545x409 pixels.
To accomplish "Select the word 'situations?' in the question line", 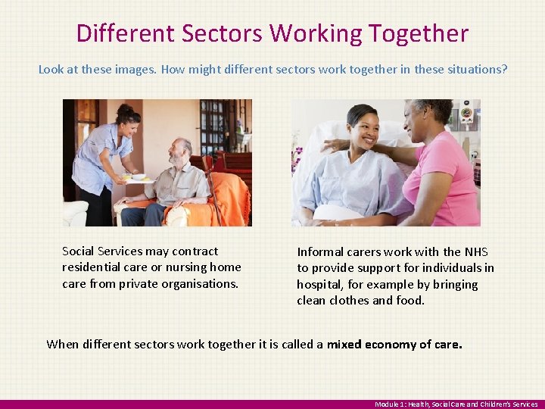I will pos(477,69).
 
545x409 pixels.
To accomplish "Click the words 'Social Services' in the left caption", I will pos(102,251).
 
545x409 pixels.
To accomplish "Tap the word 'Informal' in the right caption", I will pos(321,251).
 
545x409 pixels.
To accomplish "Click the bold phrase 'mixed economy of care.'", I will pos(394,344).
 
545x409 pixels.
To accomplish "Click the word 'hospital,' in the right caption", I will pos(321,285).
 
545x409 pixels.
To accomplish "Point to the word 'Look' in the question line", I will pos(51,69).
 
